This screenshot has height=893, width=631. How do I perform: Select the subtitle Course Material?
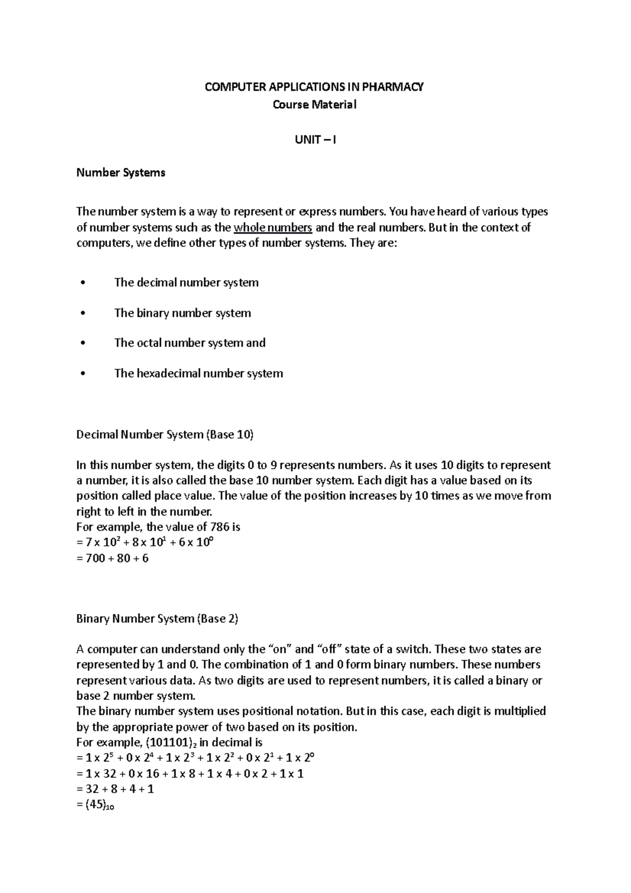314,105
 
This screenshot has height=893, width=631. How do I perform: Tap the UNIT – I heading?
315,140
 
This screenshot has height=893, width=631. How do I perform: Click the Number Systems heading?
121,172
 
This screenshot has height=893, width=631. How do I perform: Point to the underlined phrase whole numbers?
273,228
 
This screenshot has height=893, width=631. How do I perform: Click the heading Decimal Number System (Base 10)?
165,434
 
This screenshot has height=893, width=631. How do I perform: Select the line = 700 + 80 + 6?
113,558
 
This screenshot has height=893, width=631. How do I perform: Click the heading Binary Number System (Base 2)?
157,618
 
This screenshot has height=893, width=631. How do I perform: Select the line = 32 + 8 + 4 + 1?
115,789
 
